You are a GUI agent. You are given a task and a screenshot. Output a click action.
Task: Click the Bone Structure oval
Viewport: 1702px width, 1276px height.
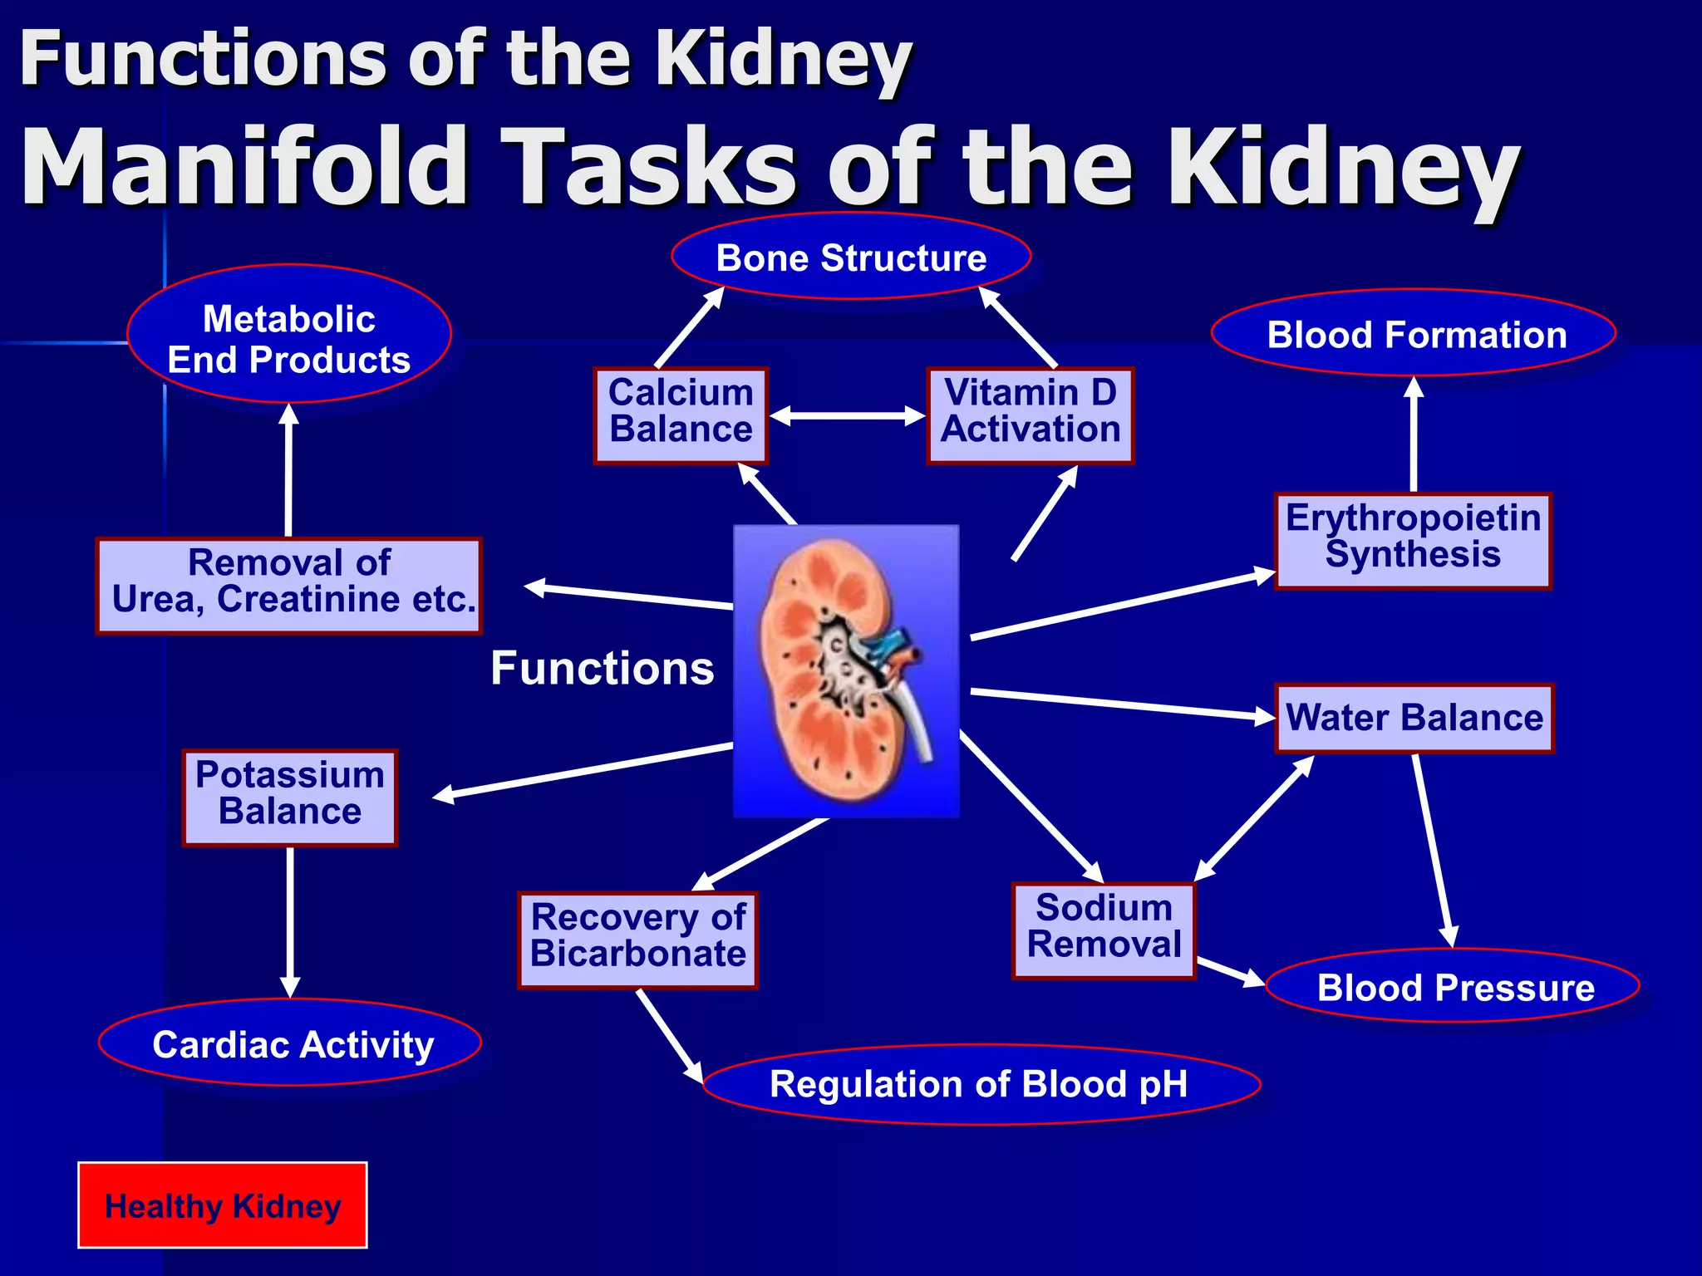point(851,257)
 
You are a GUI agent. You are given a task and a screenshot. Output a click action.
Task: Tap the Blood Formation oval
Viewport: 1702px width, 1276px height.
point(1414,334)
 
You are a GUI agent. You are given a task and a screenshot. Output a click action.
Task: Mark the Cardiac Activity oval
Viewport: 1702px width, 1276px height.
point(290,1043)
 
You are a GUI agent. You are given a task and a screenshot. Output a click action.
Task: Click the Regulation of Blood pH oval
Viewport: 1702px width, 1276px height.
point(981,1084)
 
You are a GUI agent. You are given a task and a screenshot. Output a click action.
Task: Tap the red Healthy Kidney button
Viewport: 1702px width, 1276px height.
point(223,1205)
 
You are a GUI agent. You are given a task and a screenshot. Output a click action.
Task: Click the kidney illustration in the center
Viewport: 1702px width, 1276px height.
point(846,671)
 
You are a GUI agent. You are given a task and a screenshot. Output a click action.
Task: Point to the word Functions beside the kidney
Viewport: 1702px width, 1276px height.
point(602,669)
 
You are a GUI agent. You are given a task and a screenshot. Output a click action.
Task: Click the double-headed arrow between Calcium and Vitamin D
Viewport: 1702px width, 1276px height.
point(848,415)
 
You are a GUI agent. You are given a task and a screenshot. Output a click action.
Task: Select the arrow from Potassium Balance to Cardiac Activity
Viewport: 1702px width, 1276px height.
point(290,922)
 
